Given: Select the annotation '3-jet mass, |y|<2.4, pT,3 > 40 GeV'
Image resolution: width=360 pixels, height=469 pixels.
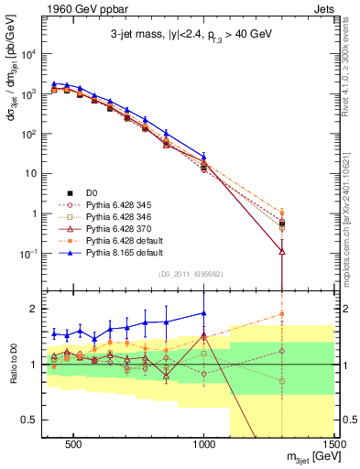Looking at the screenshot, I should (191, 38).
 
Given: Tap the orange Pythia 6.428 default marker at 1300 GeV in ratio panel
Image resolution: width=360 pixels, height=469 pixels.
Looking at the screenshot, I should (282, 314).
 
